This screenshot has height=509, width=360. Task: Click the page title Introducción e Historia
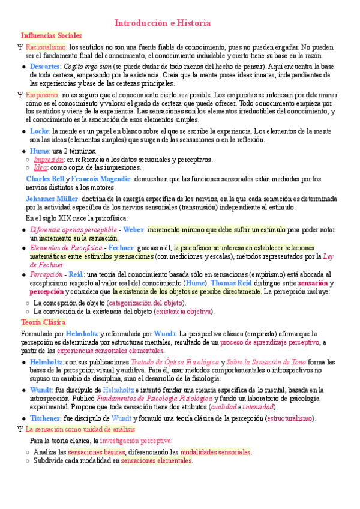pyautogui.click(x=163, y=23)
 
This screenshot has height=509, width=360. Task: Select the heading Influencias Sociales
pyautogui.click(x=51, y=36)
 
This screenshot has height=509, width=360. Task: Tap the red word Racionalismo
pyautogui.click(x=46, y=46)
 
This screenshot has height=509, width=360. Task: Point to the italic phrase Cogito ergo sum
pyautogui.click(x=87, y=66)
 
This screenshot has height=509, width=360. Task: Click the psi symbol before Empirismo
pyautogui.click(x=20, y=95)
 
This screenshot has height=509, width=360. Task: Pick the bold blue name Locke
pyautogui.click(x=40, y=130)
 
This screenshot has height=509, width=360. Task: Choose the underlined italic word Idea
pyautogui.click(x=41, y=169)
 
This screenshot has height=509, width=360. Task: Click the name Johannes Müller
pyautogui.click(x=52, y=198)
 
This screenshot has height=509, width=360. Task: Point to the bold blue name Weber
pyautogui.click(x=134, y=229)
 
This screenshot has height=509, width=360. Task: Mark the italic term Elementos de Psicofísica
pyautogui.click(x=66, y=248)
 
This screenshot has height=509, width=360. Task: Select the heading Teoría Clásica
pyautogui.click(x=43, y=322)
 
